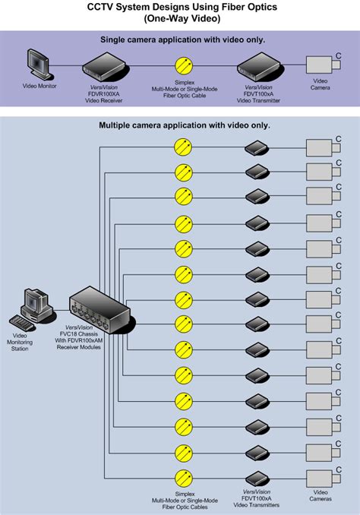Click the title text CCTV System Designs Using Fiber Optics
[x=180, y=7]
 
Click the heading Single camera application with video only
[x=180, y=39]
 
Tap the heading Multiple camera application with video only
[x=180, y=125]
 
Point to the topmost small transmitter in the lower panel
[x=257, y=147]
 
